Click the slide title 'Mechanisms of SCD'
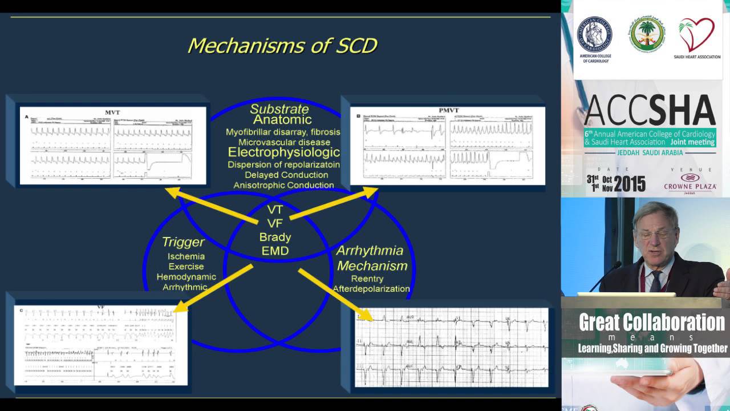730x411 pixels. [x=282, y=46]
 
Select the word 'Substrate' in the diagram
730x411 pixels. [x=279, y=108]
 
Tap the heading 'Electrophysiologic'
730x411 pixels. [x=284, y=152]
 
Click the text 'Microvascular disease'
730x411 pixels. [x=284, y=142]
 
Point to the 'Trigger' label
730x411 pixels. [x=183, y=242]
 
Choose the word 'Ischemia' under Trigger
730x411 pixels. [x=186, y=256]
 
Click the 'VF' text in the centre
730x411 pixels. [x=275, y=223]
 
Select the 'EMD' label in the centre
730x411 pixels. [x=275, y=251]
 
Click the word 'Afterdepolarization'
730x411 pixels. [x=371, y=289]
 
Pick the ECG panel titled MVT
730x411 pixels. [x=112, y=146]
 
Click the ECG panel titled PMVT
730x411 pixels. [x=447, y=146]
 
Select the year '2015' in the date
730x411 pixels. [x=630, y=184]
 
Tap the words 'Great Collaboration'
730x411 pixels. [x=652, y=323]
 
